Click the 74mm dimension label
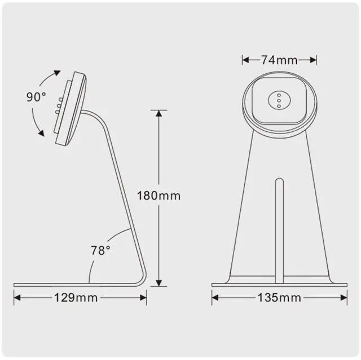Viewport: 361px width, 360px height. tap(279, 60)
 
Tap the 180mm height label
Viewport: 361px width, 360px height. tap(159, 196)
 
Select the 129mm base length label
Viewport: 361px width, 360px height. tap(80, 297)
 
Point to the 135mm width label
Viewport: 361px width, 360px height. tap(279, 297)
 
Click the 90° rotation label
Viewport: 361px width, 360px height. tap(36, 96)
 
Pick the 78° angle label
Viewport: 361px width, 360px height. tap(101, 250)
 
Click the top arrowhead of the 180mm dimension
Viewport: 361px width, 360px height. tap(159, 113)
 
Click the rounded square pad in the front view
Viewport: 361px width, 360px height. tap(278, 100)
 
